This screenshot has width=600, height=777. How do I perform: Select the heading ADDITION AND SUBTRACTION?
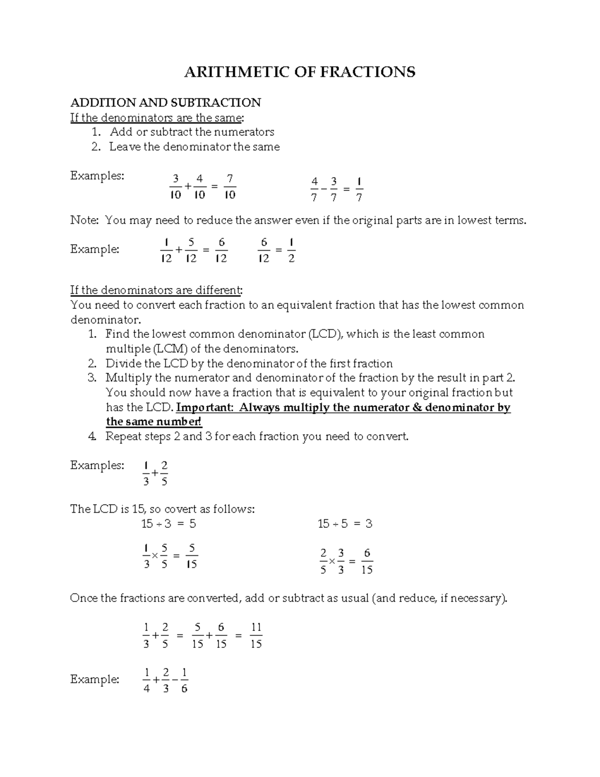(x=165, y=103)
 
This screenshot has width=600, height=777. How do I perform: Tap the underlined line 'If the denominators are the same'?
(x=157, y=118)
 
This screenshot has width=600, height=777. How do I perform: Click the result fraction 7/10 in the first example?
(x=229, y=187)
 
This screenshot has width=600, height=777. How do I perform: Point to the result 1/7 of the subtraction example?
(x=359, y=189)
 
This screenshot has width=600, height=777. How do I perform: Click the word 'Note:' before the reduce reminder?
(x=85, y=220)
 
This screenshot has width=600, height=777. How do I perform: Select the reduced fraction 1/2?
(x=291, y=251)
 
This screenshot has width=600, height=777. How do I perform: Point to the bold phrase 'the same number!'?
(x=154, y=422)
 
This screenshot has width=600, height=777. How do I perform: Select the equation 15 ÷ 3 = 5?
(x=168, y=524)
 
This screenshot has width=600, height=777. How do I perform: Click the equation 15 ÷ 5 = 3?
(x=345, y=524)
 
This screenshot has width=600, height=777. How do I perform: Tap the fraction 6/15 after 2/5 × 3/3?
(x=366, y=561)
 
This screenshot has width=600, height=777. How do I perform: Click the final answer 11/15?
(x=256, y=636)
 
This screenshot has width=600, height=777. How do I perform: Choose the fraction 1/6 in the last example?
(x=184, y=680)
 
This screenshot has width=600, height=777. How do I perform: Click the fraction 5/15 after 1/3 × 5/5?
(x=191, y=556)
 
